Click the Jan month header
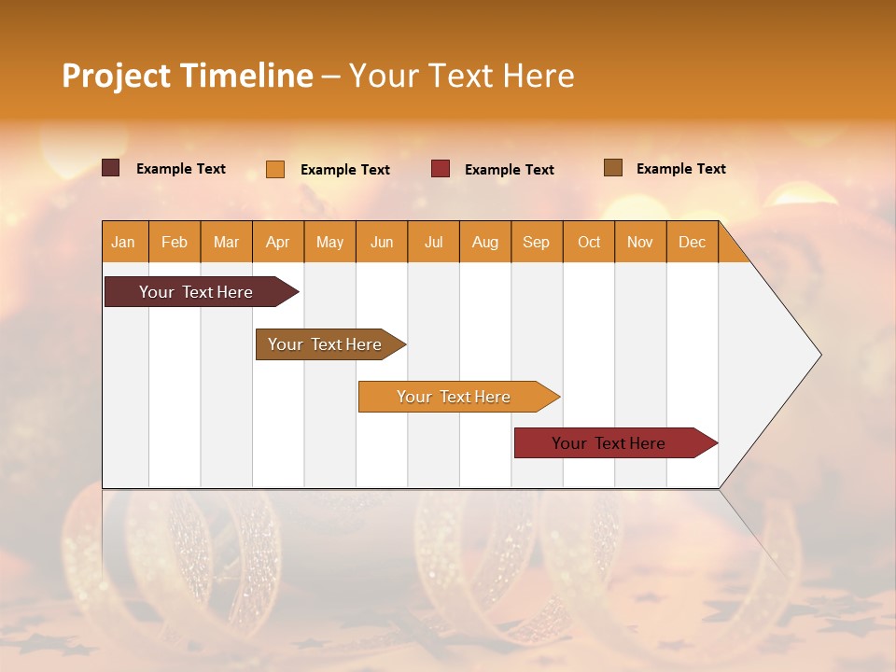pos(123,242)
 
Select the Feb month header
pos(175,242)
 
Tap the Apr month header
pos(278,242)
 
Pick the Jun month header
pos(382,242)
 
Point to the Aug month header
pos(485,242)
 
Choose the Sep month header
pos(537,242)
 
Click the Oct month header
pos(589,242)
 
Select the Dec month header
pos(693,242)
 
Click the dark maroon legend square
pos(111,168)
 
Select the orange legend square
pos(275,169)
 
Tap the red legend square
pos(441,169)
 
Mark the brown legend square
pos(613,168)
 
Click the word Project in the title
pos(116,76)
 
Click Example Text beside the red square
pos(510,169)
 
